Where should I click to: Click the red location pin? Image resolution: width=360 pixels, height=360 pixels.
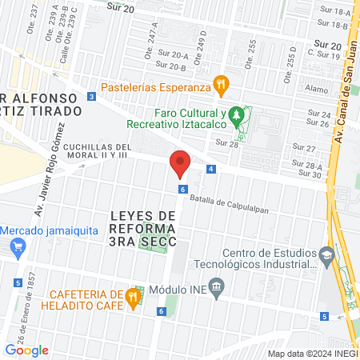(x=180, y=164)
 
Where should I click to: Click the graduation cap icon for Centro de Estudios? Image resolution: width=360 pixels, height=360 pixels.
(x=326, y=255)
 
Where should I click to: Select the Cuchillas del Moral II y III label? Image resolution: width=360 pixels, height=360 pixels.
(x=96, y=150)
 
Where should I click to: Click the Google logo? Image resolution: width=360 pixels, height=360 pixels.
(x=27, y=350)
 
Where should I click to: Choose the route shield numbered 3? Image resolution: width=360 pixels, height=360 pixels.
(x=92, y=97)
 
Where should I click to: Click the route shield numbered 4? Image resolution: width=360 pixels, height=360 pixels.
(x=210, y=169)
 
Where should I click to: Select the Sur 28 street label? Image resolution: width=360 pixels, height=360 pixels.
(x=227, y=142)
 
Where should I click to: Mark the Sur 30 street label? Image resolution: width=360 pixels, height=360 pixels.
(x=312, y=174)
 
